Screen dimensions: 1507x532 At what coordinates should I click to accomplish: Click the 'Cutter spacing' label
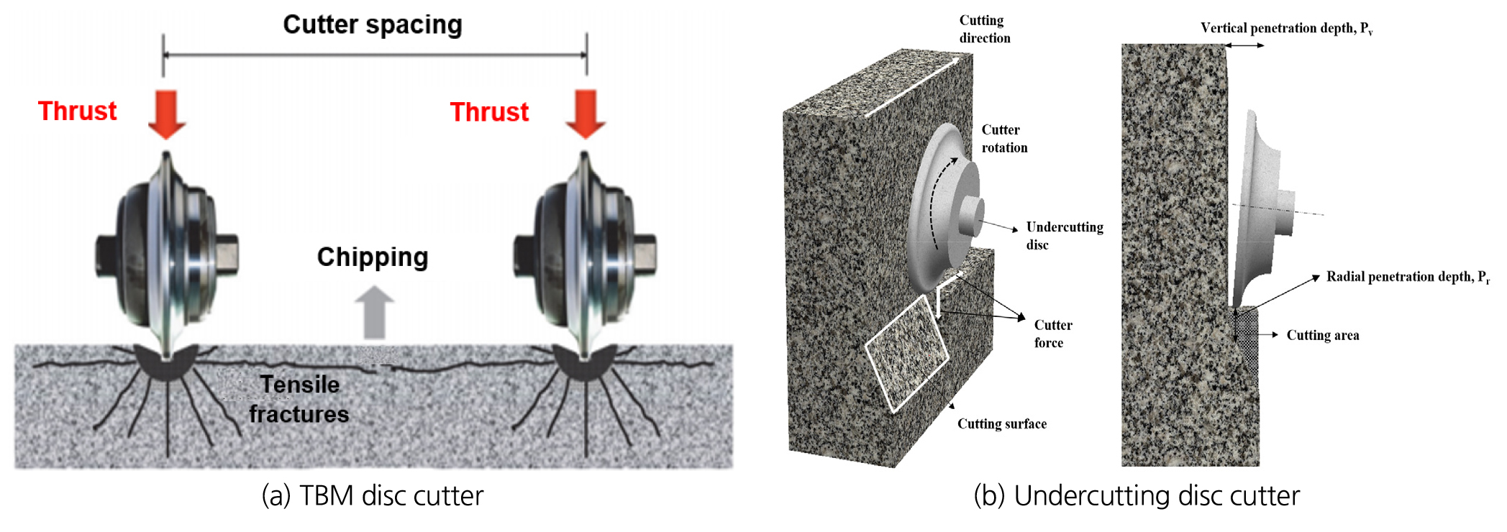pyautogui.click(x=373, y=24)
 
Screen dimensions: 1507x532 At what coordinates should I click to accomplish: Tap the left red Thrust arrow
pyautogui.click(x=167, y=114)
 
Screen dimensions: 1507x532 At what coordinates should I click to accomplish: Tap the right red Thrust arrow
pyautogui.click(x=586, y=114)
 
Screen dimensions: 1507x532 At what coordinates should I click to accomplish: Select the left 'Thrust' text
pyautogui.click(x=77, y=111)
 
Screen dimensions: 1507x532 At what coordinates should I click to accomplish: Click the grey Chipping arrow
pyautogui.click(x=375, y=313)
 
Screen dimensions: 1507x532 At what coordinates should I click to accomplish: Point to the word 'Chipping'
pyautogui.click(x=373, y=257)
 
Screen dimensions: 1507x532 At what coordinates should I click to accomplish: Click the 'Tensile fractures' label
pyautogui.click(x=299, y=399)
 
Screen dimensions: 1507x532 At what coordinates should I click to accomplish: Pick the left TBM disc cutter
pyautogui.click(x=167, y=255)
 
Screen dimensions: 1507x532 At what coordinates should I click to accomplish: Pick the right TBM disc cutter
pyautogui.click(x=584, y=255)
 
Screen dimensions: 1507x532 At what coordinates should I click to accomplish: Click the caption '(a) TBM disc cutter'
pyautogui.click(x=373, y=495)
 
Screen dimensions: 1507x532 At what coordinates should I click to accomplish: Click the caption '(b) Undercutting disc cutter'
pyautogui.click(x=1137, y=495)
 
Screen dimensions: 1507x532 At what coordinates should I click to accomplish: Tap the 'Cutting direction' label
pyautogui.click(x=985, y=29)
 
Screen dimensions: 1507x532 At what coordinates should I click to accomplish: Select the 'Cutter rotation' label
pyautogui.click(x=1004, y=139)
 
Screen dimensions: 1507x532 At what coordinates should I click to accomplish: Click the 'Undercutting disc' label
pyautogui.click(x=1065, y=236)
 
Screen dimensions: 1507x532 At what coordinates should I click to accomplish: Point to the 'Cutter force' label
pyautogui.click(x=1053, y=334)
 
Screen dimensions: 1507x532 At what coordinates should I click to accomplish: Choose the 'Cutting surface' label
pyautogui.click(x=1002, y=424)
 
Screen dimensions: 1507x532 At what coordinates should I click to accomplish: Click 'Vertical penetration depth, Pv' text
pyautogui.click(x=1287, y=29)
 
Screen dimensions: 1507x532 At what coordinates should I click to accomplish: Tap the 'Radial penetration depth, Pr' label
pyautogui.click(x=1408, y=278)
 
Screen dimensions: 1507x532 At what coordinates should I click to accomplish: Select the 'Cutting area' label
pyautogui.click(x=1323, y=335)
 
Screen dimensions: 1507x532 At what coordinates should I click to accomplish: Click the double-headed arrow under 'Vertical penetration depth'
pyautogui.click(x=1244, y=45)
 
